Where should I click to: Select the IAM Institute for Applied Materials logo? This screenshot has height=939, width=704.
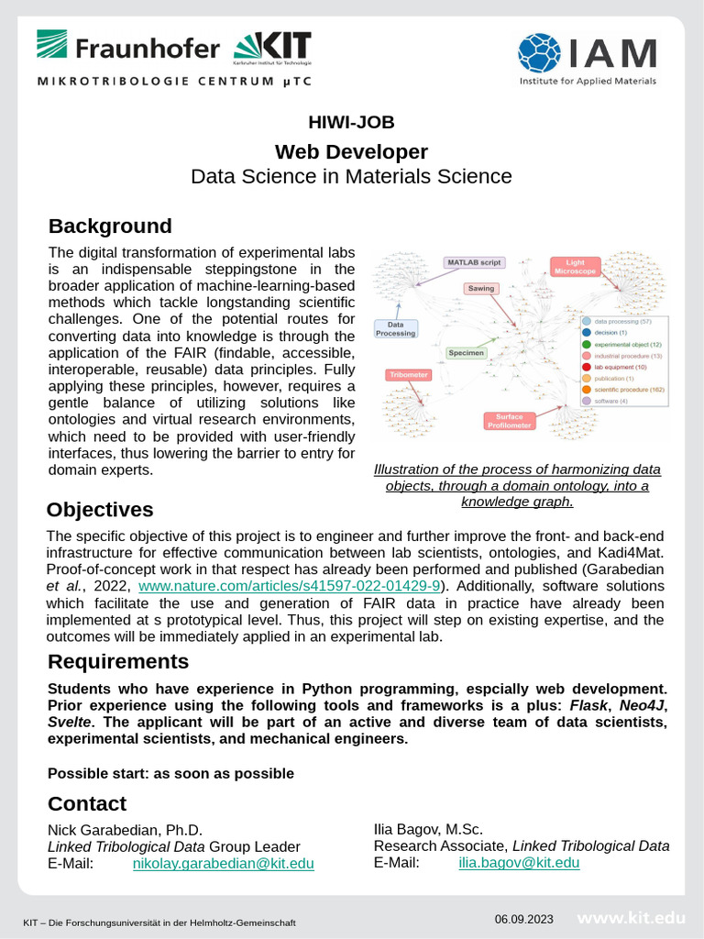coord(587,60)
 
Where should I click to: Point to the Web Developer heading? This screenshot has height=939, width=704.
coord(351,151)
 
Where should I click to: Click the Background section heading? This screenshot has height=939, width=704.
coord(110,226)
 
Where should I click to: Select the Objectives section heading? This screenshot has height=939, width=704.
coord(101,509)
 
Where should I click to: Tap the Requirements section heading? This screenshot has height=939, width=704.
coord(118,661)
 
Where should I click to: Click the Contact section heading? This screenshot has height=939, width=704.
coord(87,803)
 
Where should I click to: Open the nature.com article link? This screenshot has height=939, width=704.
coord(290,585)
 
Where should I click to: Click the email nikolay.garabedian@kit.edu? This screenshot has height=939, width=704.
coord(224,863)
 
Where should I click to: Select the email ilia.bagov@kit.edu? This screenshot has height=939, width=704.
coord(519,863)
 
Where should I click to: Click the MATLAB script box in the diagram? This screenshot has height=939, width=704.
coord(473,262)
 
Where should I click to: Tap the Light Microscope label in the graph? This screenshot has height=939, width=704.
coord(575,267)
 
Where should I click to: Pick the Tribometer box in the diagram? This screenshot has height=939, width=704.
coord(407,375)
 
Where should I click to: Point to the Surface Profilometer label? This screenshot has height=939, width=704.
coord(510,421)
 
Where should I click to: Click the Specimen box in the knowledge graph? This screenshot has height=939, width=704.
coord(466,352)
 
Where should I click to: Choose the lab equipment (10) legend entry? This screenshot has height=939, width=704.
coord(620,367)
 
